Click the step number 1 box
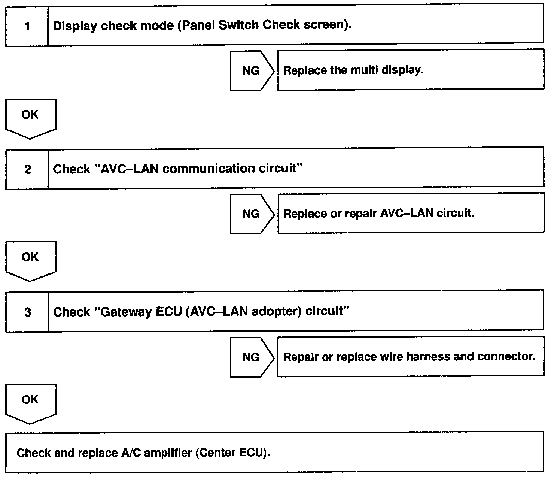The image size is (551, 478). point(27,26)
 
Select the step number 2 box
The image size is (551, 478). point(27,169)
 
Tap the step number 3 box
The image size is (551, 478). point(27,312)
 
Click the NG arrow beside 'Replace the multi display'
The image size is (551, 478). point(252,71)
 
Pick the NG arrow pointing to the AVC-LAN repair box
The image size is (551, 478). point(252,214)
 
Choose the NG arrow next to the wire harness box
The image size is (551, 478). point(252,357)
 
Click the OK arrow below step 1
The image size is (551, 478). point(31,119)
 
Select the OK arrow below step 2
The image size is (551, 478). point(31,262)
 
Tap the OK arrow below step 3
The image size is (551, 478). point(31,404)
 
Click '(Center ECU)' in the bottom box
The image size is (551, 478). point(233,453)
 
